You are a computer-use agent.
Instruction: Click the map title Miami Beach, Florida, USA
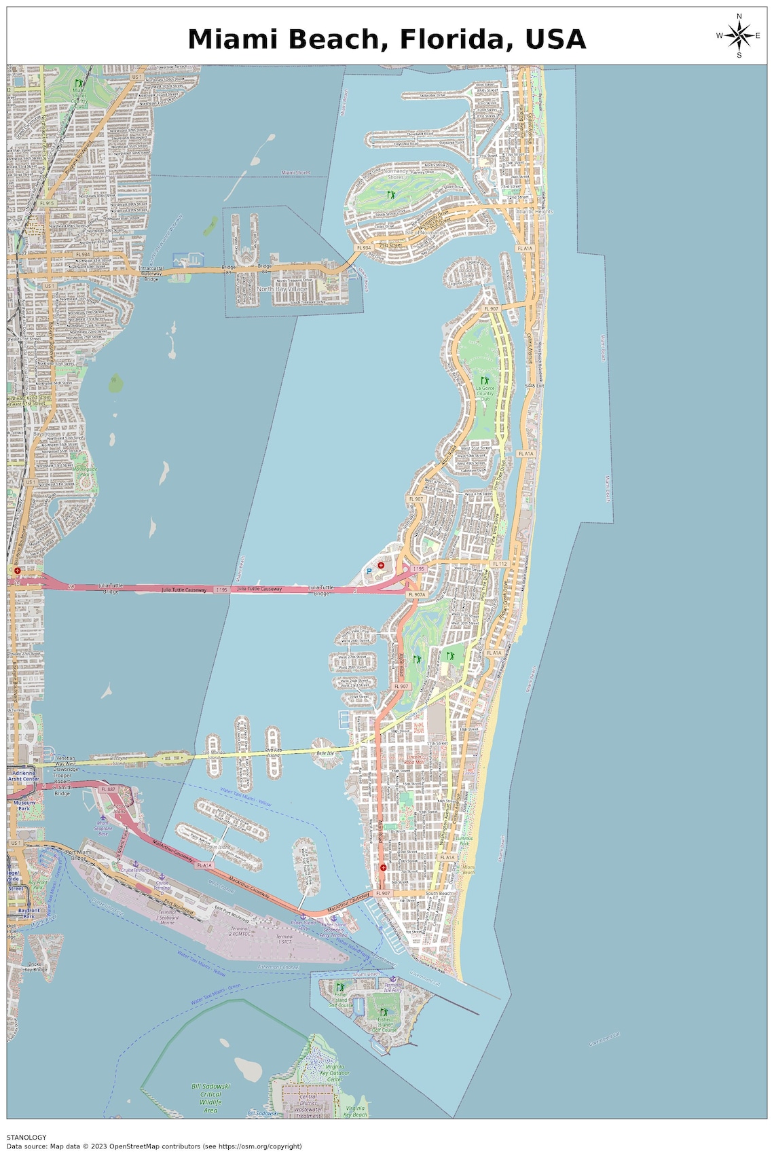click(386, 39)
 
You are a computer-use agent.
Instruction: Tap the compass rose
click(739, 35)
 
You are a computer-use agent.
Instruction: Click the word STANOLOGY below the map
click(26, 1137)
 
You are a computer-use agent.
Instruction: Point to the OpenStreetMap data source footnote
click(154, 1146)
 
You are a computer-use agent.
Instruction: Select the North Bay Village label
click(282, 289)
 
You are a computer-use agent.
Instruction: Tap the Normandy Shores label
click(396, 174)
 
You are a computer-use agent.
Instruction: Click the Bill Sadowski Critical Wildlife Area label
click(210, 1098)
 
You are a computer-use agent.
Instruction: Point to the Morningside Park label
click(85, 471)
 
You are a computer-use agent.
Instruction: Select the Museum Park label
click(24, 805)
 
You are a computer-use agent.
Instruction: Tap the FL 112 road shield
click(500, 564)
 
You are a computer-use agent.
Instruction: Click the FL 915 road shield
click(46, 203)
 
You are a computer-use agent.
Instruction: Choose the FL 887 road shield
click(108, 790)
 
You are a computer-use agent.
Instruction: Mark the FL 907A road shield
click(417, 594)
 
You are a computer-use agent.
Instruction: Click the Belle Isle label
click(325, 753)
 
